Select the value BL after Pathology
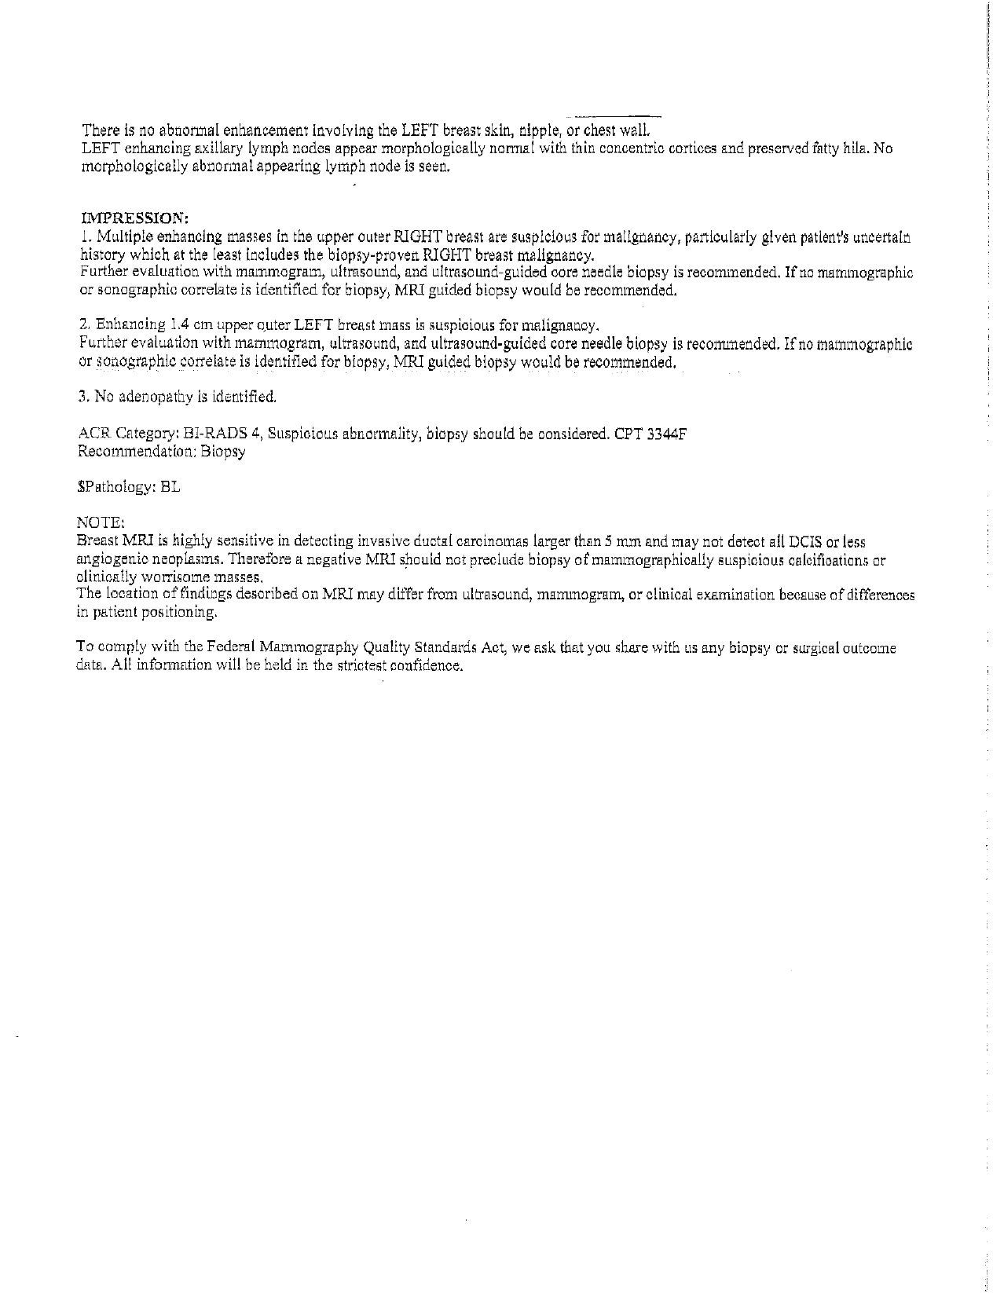(x=170, y=487)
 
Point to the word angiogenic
(x=109, y=559)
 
